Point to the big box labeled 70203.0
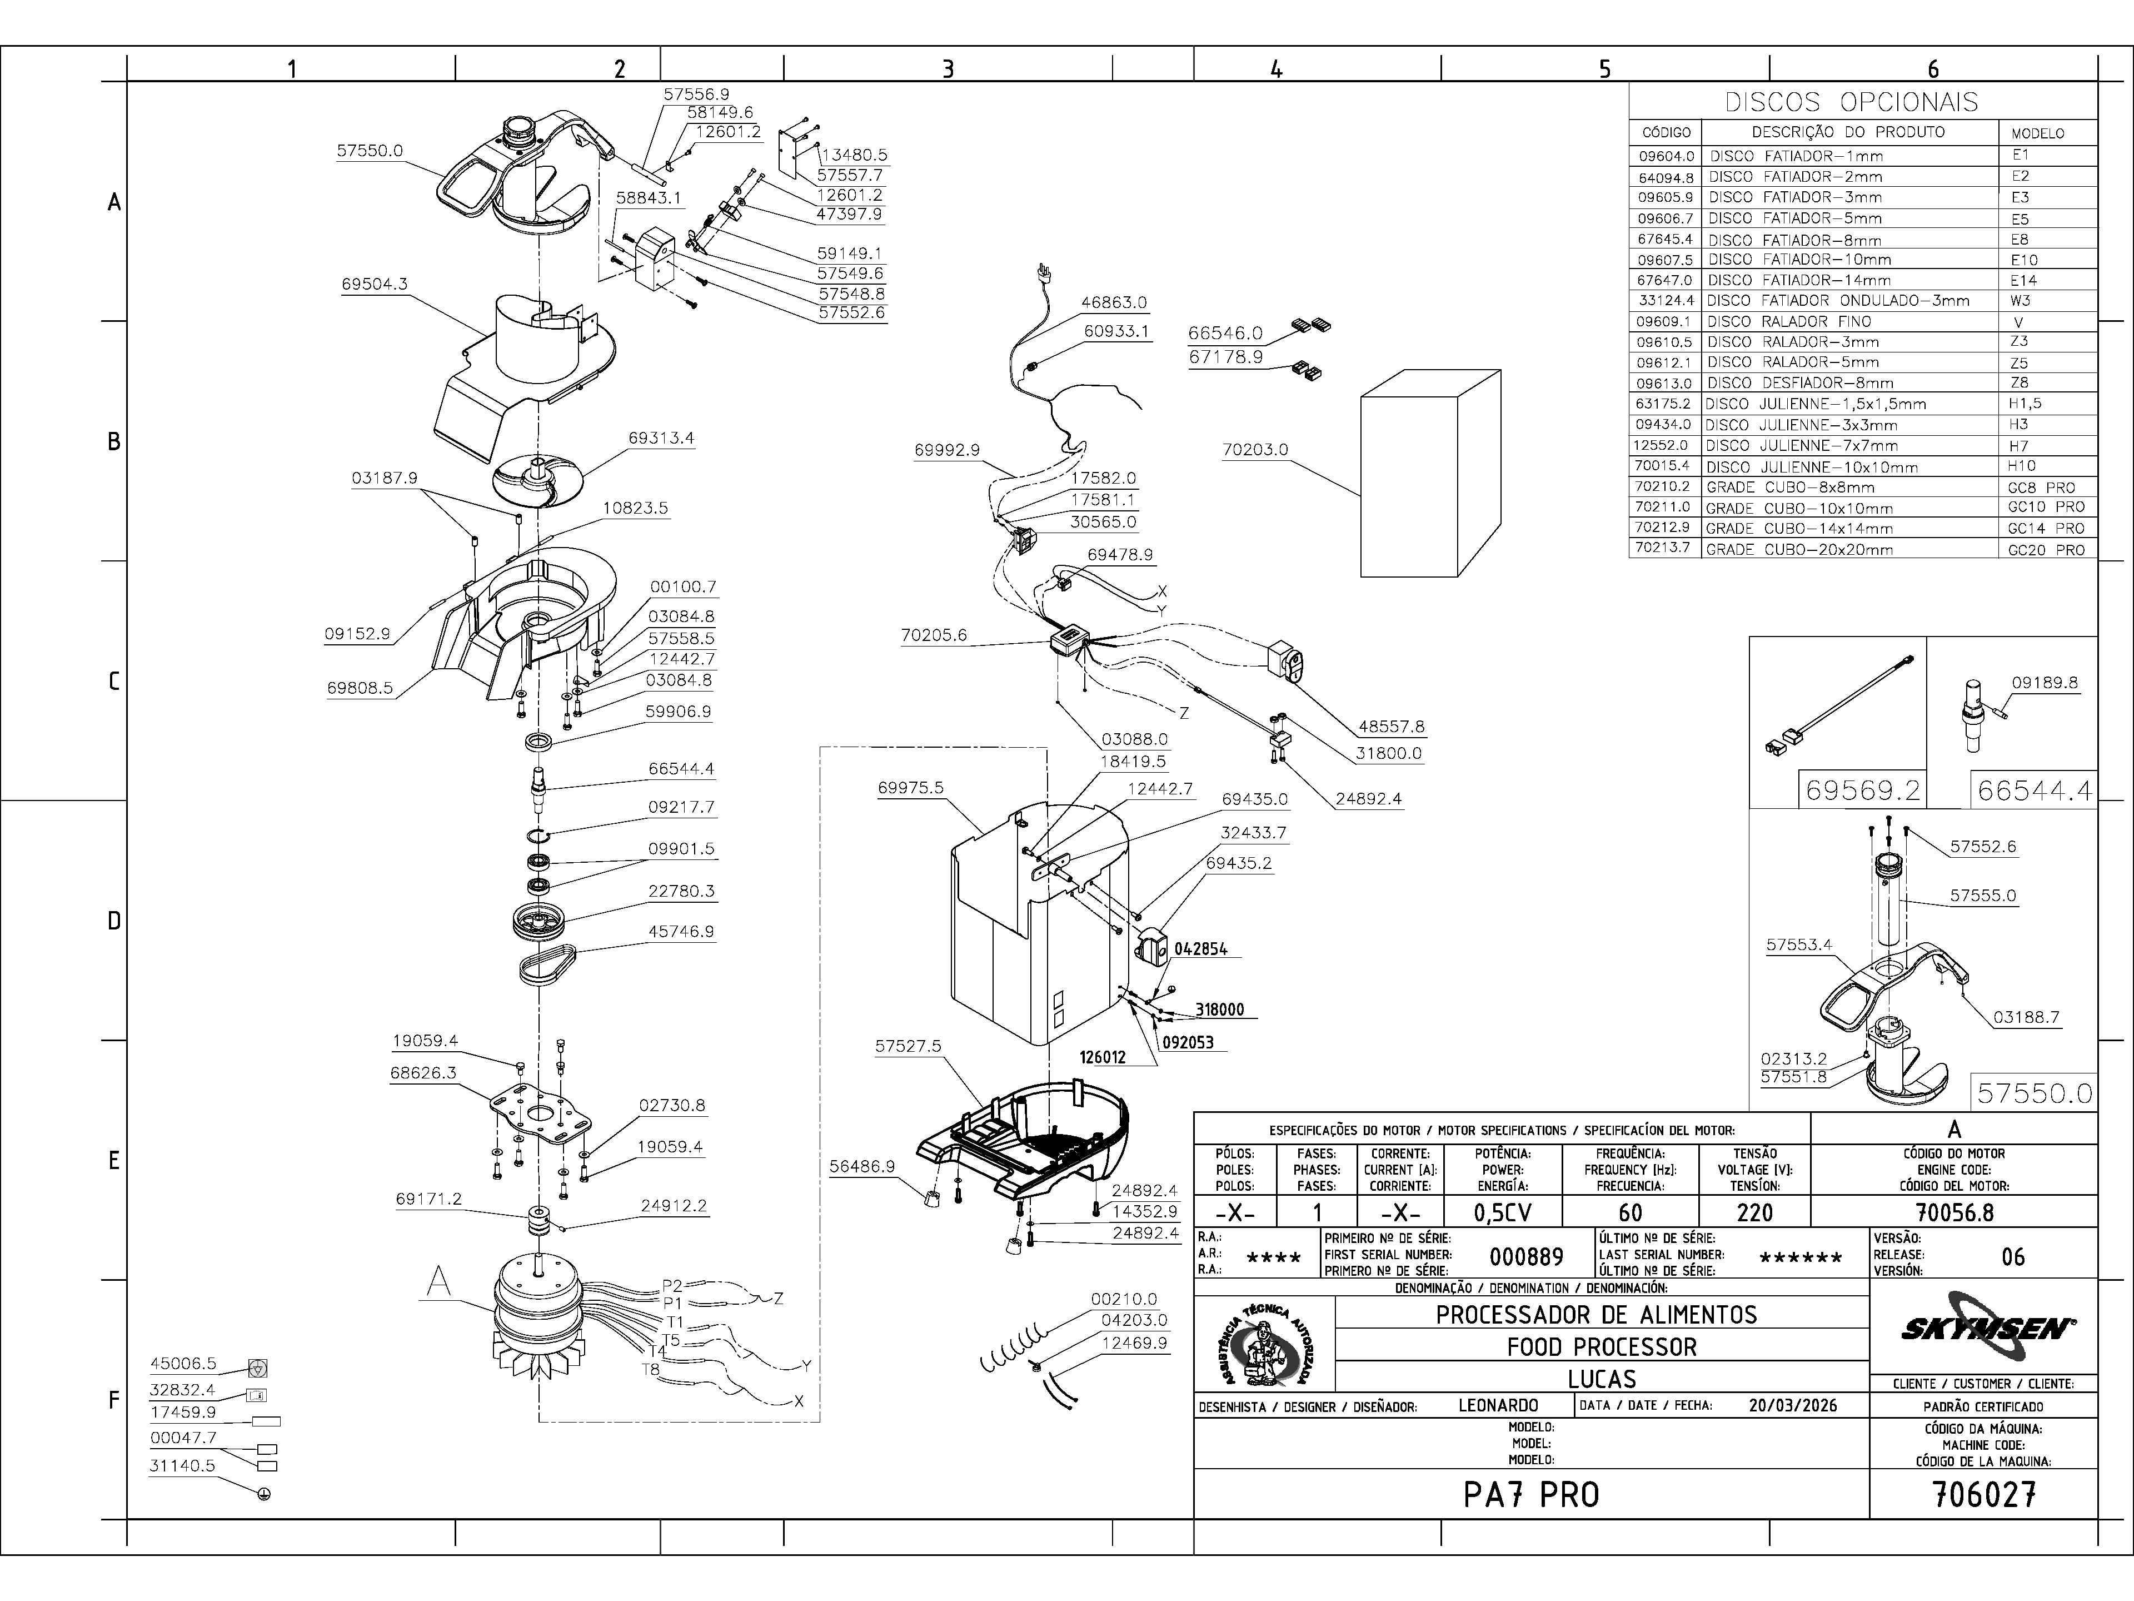pos(1430,473)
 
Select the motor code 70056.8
pos(1954,1212)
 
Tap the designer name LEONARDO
pos(1498,1405)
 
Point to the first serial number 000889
pos(1526,1256)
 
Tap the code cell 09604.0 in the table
pos(1666,155)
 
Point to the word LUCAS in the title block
pos(1602,1378)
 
